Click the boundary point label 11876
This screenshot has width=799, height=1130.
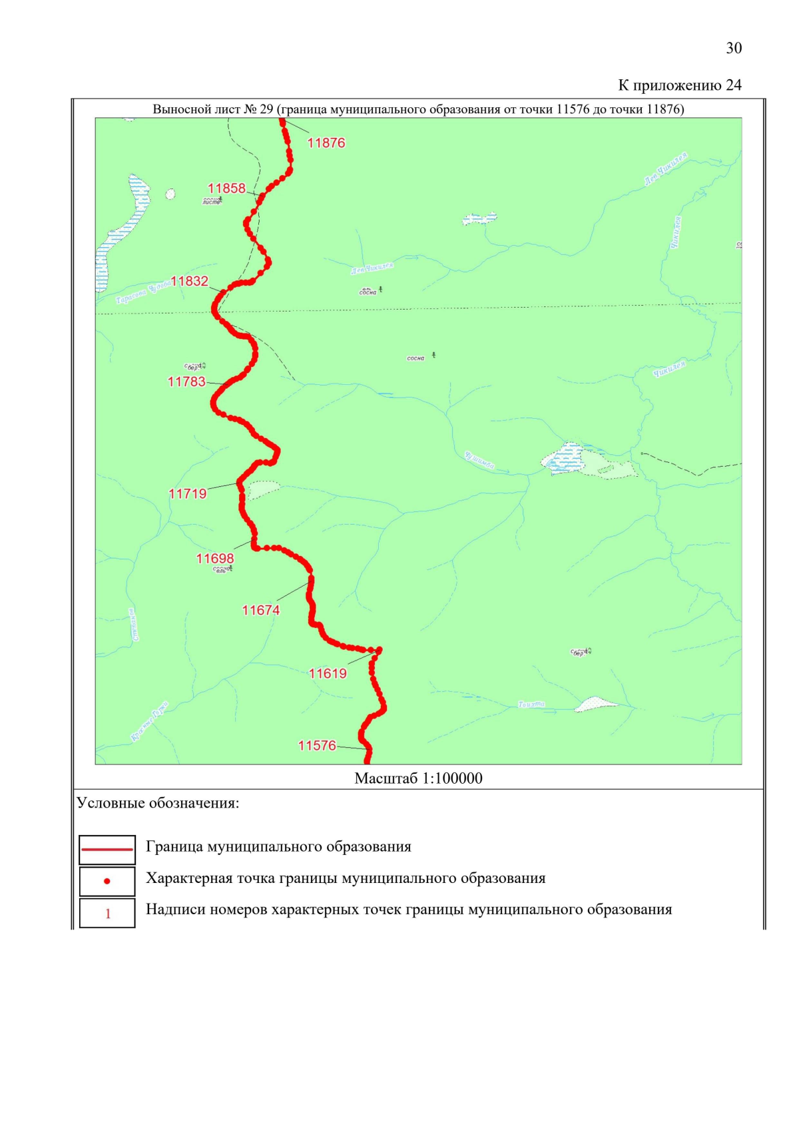coord(326,142)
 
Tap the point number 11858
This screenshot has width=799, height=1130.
coord(226,188)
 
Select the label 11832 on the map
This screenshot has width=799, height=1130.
coord(190,281)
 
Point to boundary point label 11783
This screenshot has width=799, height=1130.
coord(186,382)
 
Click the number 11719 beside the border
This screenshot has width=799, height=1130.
coord(188,493)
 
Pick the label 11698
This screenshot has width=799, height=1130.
coord(214,558)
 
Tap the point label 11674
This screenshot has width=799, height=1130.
coord(260,610)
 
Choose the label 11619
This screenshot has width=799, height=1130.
coord(328,673)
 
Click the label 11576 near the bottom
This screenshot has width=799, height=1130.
coord(317,745)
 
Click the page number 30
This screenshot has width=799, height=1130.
coord(734,48)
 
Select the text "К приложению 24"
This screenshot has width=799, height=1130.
coord(679,85)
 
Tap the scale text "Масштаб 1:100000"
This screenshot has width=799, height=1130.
coord(418,778)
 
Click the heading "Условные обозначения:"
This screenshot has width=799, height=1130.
coord(158,803)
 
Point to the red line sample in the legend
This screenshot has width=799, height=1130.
coord(107,849)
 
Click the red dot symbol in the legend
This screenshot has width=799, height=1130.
coord(107,881)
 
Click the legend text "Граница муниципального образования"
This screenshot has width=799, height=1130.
coord(278,847)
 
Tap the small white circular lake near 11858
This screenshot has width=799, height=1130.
coord(170,194)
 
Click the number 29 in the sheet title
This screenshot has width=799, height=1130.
coord(266,109)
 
